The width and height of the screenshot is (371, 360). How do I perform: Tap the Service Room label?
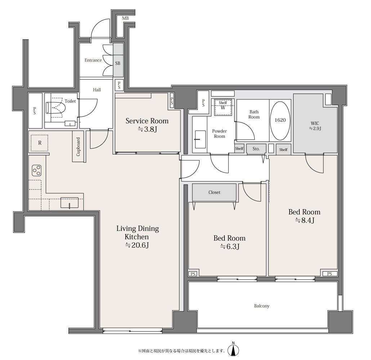coord(147,121)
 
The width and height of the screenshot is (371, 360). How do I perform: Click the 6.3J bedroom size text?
coord(229,247)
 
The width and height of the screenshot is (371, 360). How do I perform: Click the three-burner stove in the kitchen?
coord(37,170)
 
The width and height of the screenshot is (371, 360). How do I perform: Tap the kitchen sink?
coord(69,203)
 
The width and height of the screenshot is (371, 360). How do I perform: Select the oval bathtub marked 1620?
coord(280,121)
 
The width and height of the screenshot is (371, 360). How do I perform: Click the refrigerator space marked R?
coord(40,143)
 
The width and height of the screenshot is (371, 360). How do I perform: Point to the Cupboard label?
coord(78,147)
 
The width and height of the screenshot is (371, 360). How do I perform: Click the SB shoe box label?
coord(117,63)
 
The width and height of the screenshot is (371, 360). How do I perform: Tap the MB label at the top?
coord(125,18)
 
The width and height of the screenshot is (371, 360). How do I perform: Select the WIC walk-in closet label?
coord(315,126)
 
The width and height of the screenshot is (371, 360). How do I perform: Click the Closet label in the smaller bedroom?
coord(214,192)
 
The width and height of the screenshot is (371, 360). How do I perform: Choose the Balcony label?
coord(262,306)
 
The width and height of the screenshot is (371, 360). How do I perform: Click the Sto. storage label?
coord(256,149)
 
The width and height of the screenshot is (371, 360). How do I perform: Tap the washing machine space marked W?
coord(223,108)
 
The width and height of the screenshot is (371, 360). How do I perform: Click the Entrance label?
coord(93,60)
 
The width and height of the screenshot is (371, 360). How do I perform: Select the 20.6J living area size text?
coord(137,245)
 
